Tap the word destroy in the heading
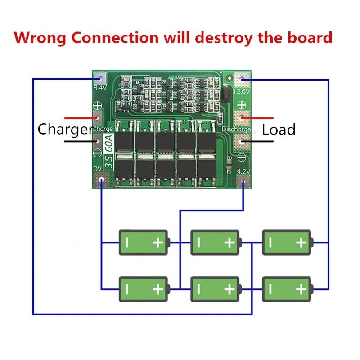click(x=223, y=37)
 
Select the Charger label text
click(x=64, y=130)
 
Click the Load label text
click(x=279, y=130)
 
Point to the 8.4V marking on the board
click(x=99, y=88)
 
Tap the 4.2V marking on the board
click(x=243, y=171)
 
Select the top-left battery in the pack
click(x=143, y=243)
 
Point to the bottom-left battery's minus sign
click(x=126, y=289)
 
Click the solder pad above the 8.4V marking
click(x=99, y=78)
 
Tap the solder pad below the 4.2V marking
click(x=243, y=183)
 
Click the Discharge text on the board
click(x=237, y=130)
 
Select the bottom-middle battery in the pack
click(x=215, y=288)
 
